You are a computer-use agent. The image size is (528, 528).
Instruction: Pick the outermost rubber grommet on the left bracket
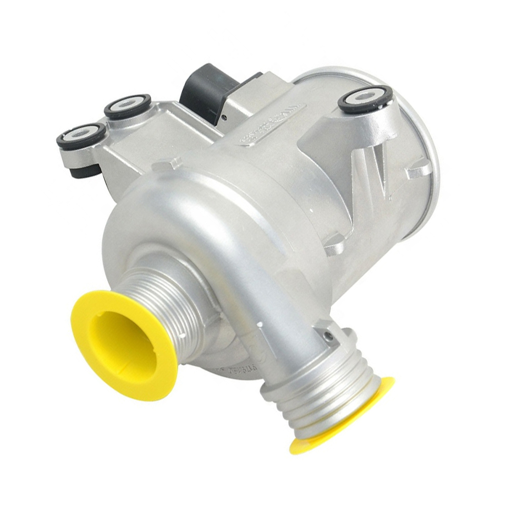click(81, 134)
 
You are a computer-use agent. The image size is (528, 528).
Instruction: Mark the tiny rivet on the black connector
click(224, 117)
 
